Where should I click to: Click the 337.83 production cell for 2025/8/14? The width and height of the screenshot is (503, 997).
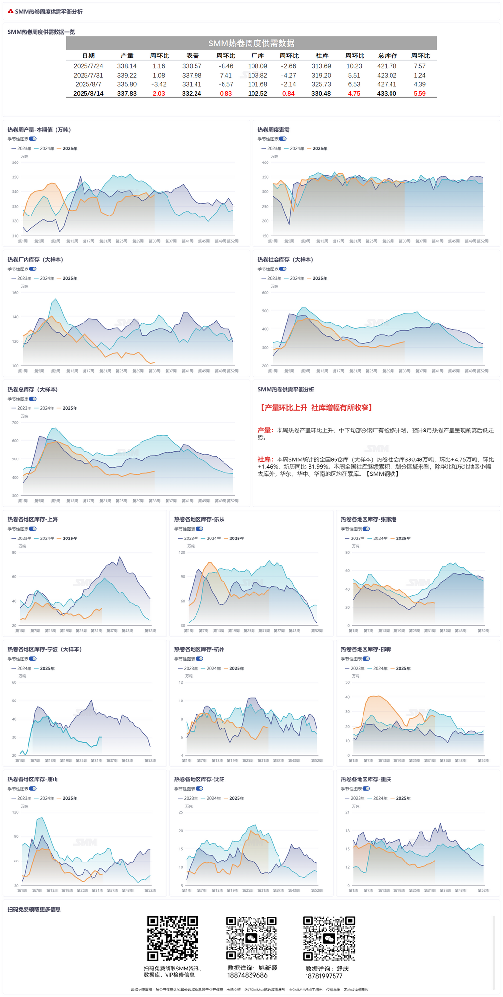[127, 94]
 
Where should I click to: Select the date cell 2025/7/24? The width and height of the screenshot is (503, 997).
[88, 66]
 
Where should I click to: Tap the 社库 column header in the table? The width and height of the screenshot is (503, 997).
[322, 56]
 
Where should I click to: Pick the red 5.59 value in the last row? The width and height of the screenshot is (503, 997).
[419, 94]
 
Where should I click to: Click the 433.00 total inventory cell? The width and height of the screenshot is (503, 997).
[387, 94]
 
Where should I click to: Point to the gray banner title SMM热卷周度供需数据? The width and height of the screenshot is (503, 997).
[251, 43]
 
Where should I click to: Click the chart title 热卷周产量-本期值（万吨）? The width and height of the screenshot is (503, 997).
[39, 130]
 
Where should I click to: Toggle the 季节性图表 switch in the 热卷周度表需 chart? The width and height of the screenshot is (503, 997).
[283, 139]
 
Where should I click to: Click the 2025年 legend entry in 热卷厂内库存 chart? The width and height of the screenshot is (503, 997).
[67, 278]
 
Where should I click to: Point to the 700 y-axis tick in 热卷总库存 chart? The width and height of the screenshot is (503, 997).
[15, 423]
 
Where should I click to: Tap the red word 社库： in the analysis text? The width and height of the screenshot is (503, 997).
[265, 460]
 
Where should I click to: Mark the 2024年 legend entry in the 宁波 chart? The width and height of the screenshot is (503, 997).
[22, 669]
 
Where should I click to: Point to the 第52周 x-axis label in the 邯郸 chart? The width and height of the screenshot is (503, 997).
[483, 761]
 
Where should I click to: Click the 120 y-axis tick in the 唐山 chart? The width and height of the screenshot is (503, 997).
[15, 812]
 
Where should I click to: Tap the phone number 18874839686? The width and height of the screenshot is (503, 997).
[248, 975]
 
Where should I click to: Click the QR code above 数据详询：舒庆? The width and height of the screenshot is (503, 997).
[329, 938]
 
